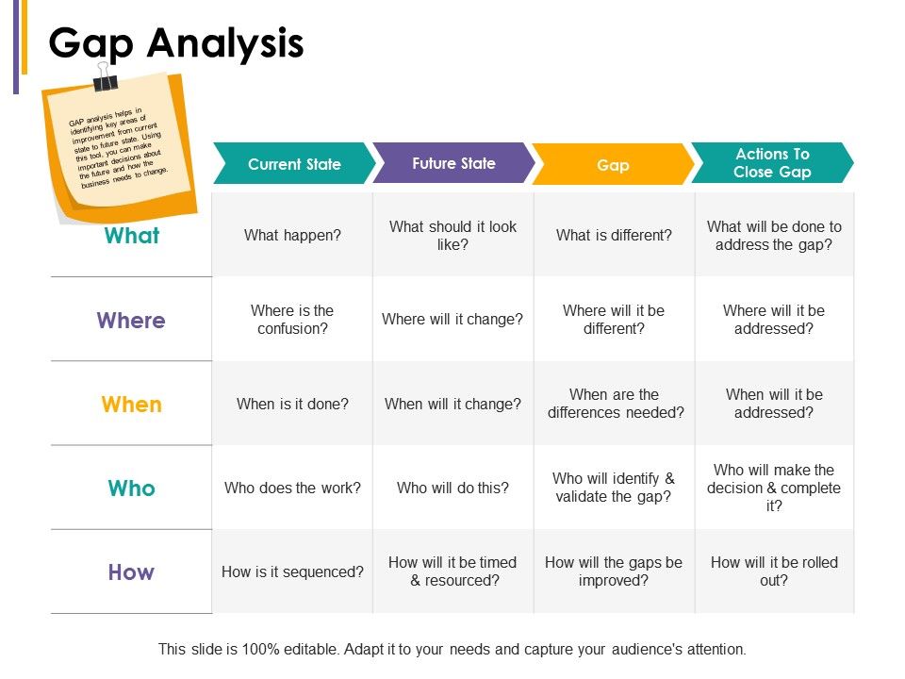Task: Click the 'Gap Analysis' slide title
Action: pyautogui.click(x=176, y=44)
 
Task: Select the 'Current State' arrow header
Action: pyautogui.click(x=294, y=163)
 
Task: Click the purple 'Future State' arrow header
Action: pyautogui.click(x=453, y=163)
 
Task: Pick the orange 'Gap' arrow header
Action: pyautogui.click(x=613, y=164)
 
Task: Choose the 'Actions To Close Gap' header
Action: pyautogui.click(x=772, y=163)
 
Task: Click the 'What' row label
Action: pyautogui.click(x=132, y=236)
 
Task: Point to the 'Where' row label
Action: pyautogui.click(x=131, y=320)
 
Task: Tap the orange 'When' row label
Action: pyautogui.click(x=132, y=405)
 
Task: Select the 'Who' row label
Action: pyautogui.click(x=132, y=489)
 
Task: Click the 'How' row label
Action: pyautogui.click(x=131, y=572)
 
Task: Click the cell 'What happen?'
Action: pyautogui.click(x=292, y=235)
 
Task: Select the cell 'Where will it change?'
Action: pyautogui.click(x=452, y=320)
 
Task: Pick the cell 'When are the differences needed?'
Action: pyautogui.click(x=615, y=404)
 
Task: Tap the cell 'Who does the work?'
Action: pyautogui.click(x=292, y=488)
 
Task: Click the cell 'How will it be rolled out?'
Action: pyautogui.click(x=774, y=571)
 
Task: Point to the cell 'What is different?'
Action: pyautogui.click(x=615, y=235)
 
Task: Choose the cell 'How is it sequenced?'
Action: pyautogui.click(x=292, y=571)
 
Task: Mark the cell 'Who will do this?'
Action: pyautogui.click(x=452, y=488)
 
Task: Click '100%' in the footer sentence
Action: pyautogui.click(x=261, y=649)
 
